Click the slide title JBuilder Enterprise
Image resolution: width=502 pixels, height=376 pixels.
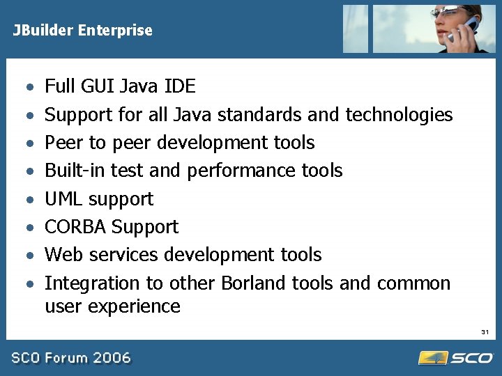[82, 31]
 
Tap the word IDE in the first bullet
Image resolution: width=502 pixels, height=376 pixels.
[180, 86]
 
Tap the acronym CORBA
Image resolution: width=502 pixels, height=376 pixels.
[75, 227]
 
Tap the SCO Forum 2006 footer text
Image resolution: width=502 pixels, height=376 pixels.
[70, 358]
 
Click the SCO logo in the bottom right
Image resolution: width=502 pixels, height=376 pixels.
[456, 357]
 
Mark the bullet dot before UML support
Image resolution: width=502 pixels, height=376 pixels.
[29, 200]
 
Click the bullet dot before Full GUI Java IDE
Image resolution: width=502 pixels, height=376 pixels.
[29, 88]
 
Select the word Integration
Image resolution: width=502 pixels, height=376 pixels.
[82, 283]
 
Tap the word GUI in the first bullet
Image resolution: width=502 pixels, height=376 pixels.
[100, 86]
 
